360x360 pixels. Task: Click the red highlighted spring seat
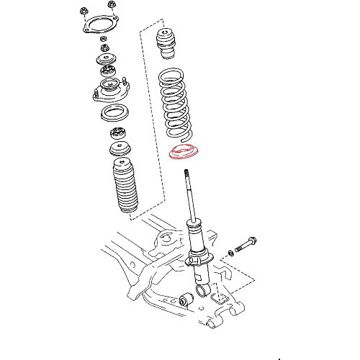185,152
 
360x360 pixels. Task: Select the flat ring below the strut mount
114,114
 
